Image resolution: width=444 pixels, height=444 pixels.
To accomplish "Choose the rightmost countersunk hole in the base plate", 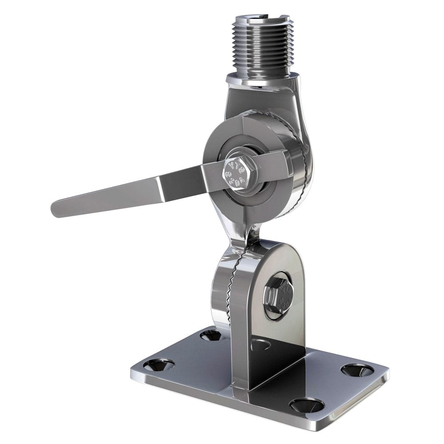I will [x=358, y=369].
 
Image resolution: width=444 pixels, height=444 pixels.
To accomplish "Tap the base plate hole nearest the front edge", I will [x=306, y=404].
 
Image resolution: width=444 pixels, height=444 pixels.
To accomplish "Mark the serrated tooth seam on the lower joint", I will [x=231, y=284].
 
